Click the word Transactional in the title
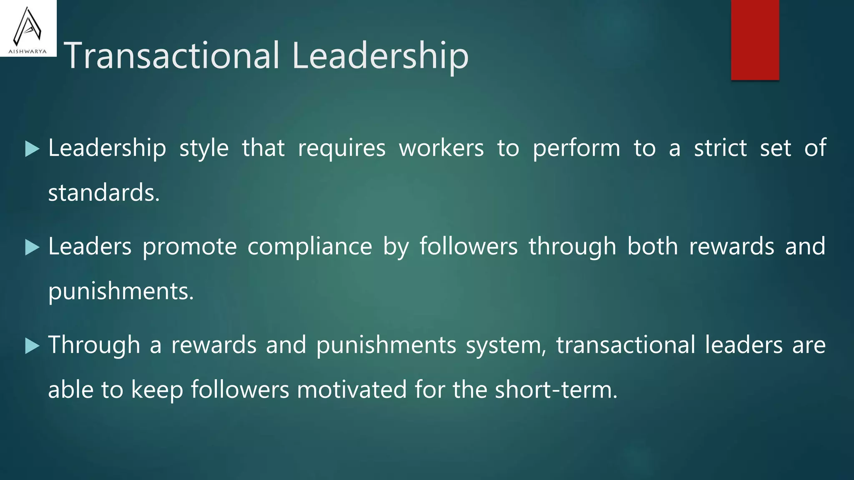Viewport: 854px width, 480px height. point(172,55)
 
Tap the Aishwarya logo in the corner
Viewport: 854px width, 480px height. point(28,29)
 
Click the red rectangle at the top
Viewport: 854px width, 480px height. point(755,40)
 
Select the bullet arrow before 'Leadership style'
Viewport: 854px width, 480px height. point(32,149)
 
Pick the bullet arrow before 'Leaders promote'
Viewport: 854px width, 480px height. point(32,247)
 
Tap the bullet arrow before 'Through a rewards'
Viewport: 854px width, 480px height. point(32,346)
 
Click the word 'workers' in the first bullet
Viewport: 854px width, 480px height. point(441,148)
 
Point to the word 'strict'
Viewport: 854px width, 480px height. point(720,148)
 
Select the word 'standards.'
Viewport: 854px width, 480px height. point(104,193)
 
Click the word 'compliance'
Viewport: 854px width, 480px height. point(309,247)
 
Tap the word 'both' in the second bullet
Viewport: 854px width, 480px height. point(653,246)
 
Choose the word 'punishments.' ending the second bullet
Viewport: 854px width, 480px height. point(121,291)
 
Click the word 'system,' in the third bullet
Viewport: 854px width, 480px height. point(506,345)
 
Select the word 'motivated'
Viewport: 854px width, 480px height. point(352,390)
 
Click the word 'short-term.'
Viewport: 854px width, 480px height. point(556,390)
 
